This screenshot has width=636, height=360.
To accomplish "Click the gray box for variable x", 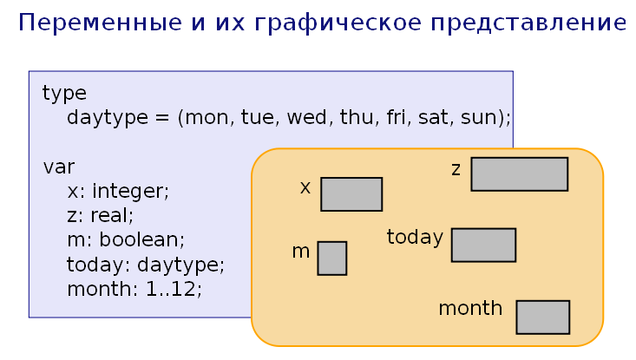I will pos(351,194).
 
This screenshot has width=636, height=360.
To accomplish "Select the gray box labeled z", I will pos(519,173).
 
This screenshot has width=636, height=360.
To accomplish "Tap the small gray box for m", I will pos(331,259).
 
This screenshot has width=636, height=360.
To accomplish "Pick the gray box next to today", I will pos(483,245).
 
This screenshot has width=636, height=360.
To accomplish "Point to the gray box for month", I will pos(542,317).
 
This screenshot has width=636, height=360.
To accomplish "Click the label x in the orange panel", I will pos(305,187).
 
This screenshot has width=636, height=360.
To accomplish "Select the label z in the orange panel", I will pos(456,169).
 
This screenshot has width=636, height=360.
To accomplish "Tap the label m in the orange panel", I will pos(301,252).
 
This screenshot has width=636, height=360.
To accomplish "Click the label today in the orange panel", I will pos(415,237).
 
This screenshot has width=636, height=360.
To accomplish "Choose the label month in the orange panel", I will pos(470,308).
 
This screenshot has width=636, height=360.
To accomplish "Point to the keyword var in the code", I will pos(59,167).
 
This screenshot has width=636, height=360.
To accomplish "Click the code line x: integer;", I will pos(118,190).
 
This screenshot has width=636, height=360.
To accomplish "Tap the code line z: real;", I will pos(100,214).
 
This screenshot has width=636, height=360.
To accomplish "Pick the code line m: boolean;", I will pos(126,239).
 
